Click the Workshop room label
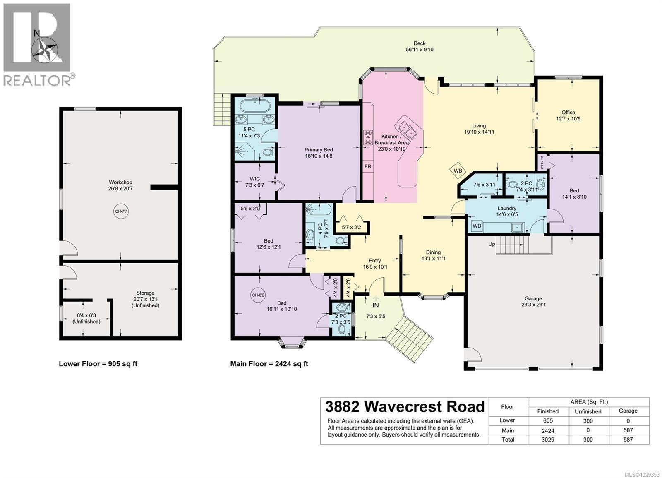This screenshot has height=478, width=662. (x=120, y=182)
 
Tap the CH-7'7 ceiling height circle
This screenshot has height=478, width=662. (x=121, y=211)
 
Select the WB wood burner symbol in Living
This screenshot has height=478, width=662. (x=458, y=171)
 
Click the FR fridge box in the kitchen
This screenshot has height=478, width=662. (x=367, y=166)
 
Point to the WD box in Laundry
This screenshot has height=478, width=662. (x=477, y=226)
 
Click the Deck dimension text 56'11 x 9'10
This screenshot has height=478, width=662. (x=419, y=50)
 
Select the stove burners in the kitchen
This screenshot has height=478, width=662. (x=367, y=137)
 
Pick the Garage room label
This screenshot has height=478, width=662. (x=533, y=298)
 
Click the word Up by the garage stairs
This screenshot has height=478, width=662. (x=492, y=244)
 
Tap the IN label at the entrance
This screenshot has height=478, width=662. (x=375, y=305)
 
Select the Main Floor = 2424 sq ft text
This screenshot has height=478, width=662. (x=269, y=364)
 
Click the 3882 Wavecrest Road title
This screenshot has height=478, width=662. (x=404, y=406)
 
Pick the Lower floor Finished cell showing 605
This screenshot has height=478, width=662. (x=547, y=421)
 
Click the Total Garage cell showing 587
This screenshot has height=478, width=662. (x=628, y=440)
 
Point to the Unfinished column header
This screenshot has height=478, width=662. (x=588, y=411)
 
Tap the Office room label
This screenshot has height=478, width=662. (x=568, y=112)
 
